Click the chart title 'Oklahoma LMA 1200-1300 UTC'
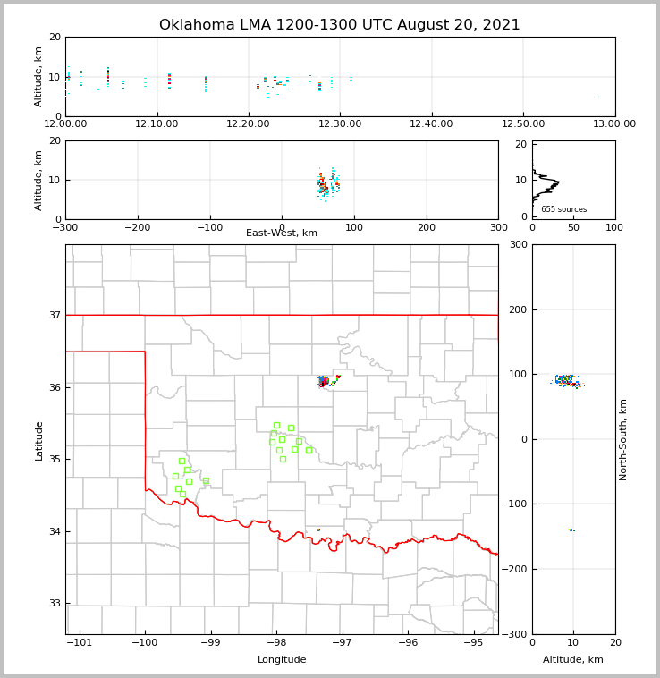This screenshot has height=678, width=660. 339,25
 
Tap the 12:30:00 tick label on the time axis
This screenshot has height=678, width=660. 340,124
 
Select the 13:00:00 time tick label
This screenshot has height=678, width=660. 614,124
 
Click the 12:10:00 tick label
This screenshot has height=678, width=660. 157,124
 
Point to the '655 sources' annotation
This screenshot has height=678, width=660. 563,209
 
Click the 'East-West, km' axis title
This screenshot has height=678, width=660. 282,233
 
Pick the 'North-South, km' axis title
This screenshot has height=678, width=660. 623,439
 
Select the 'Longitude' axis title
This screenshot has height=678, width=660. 282,660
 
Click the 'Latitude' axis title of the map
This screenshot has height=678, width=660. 38,440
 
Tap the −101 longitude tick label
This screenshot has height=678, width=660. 80,643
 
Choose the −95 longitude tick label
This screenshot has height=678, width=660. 474,643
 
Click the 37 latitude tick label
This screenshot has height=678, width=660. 54,315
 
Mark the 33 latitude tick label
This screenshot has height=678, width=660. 54,604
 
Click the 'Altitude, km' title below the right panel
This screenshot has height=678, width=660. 573,660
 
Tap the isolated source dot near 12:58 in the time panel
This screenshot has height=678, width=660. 599,97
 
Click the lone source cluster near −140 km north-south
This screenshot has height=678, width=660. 572,530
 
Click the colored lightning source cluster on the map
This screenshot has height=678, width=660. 326,382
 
